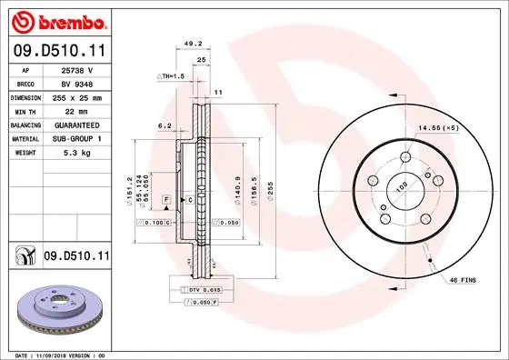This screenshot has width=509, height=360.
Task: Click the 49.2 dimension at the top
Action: coord(192,42)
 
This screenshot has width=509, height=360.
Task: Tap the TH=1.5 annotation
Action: coord(171,77)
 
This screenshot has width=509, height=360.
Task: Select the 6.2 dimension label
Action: coord(165,125)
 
